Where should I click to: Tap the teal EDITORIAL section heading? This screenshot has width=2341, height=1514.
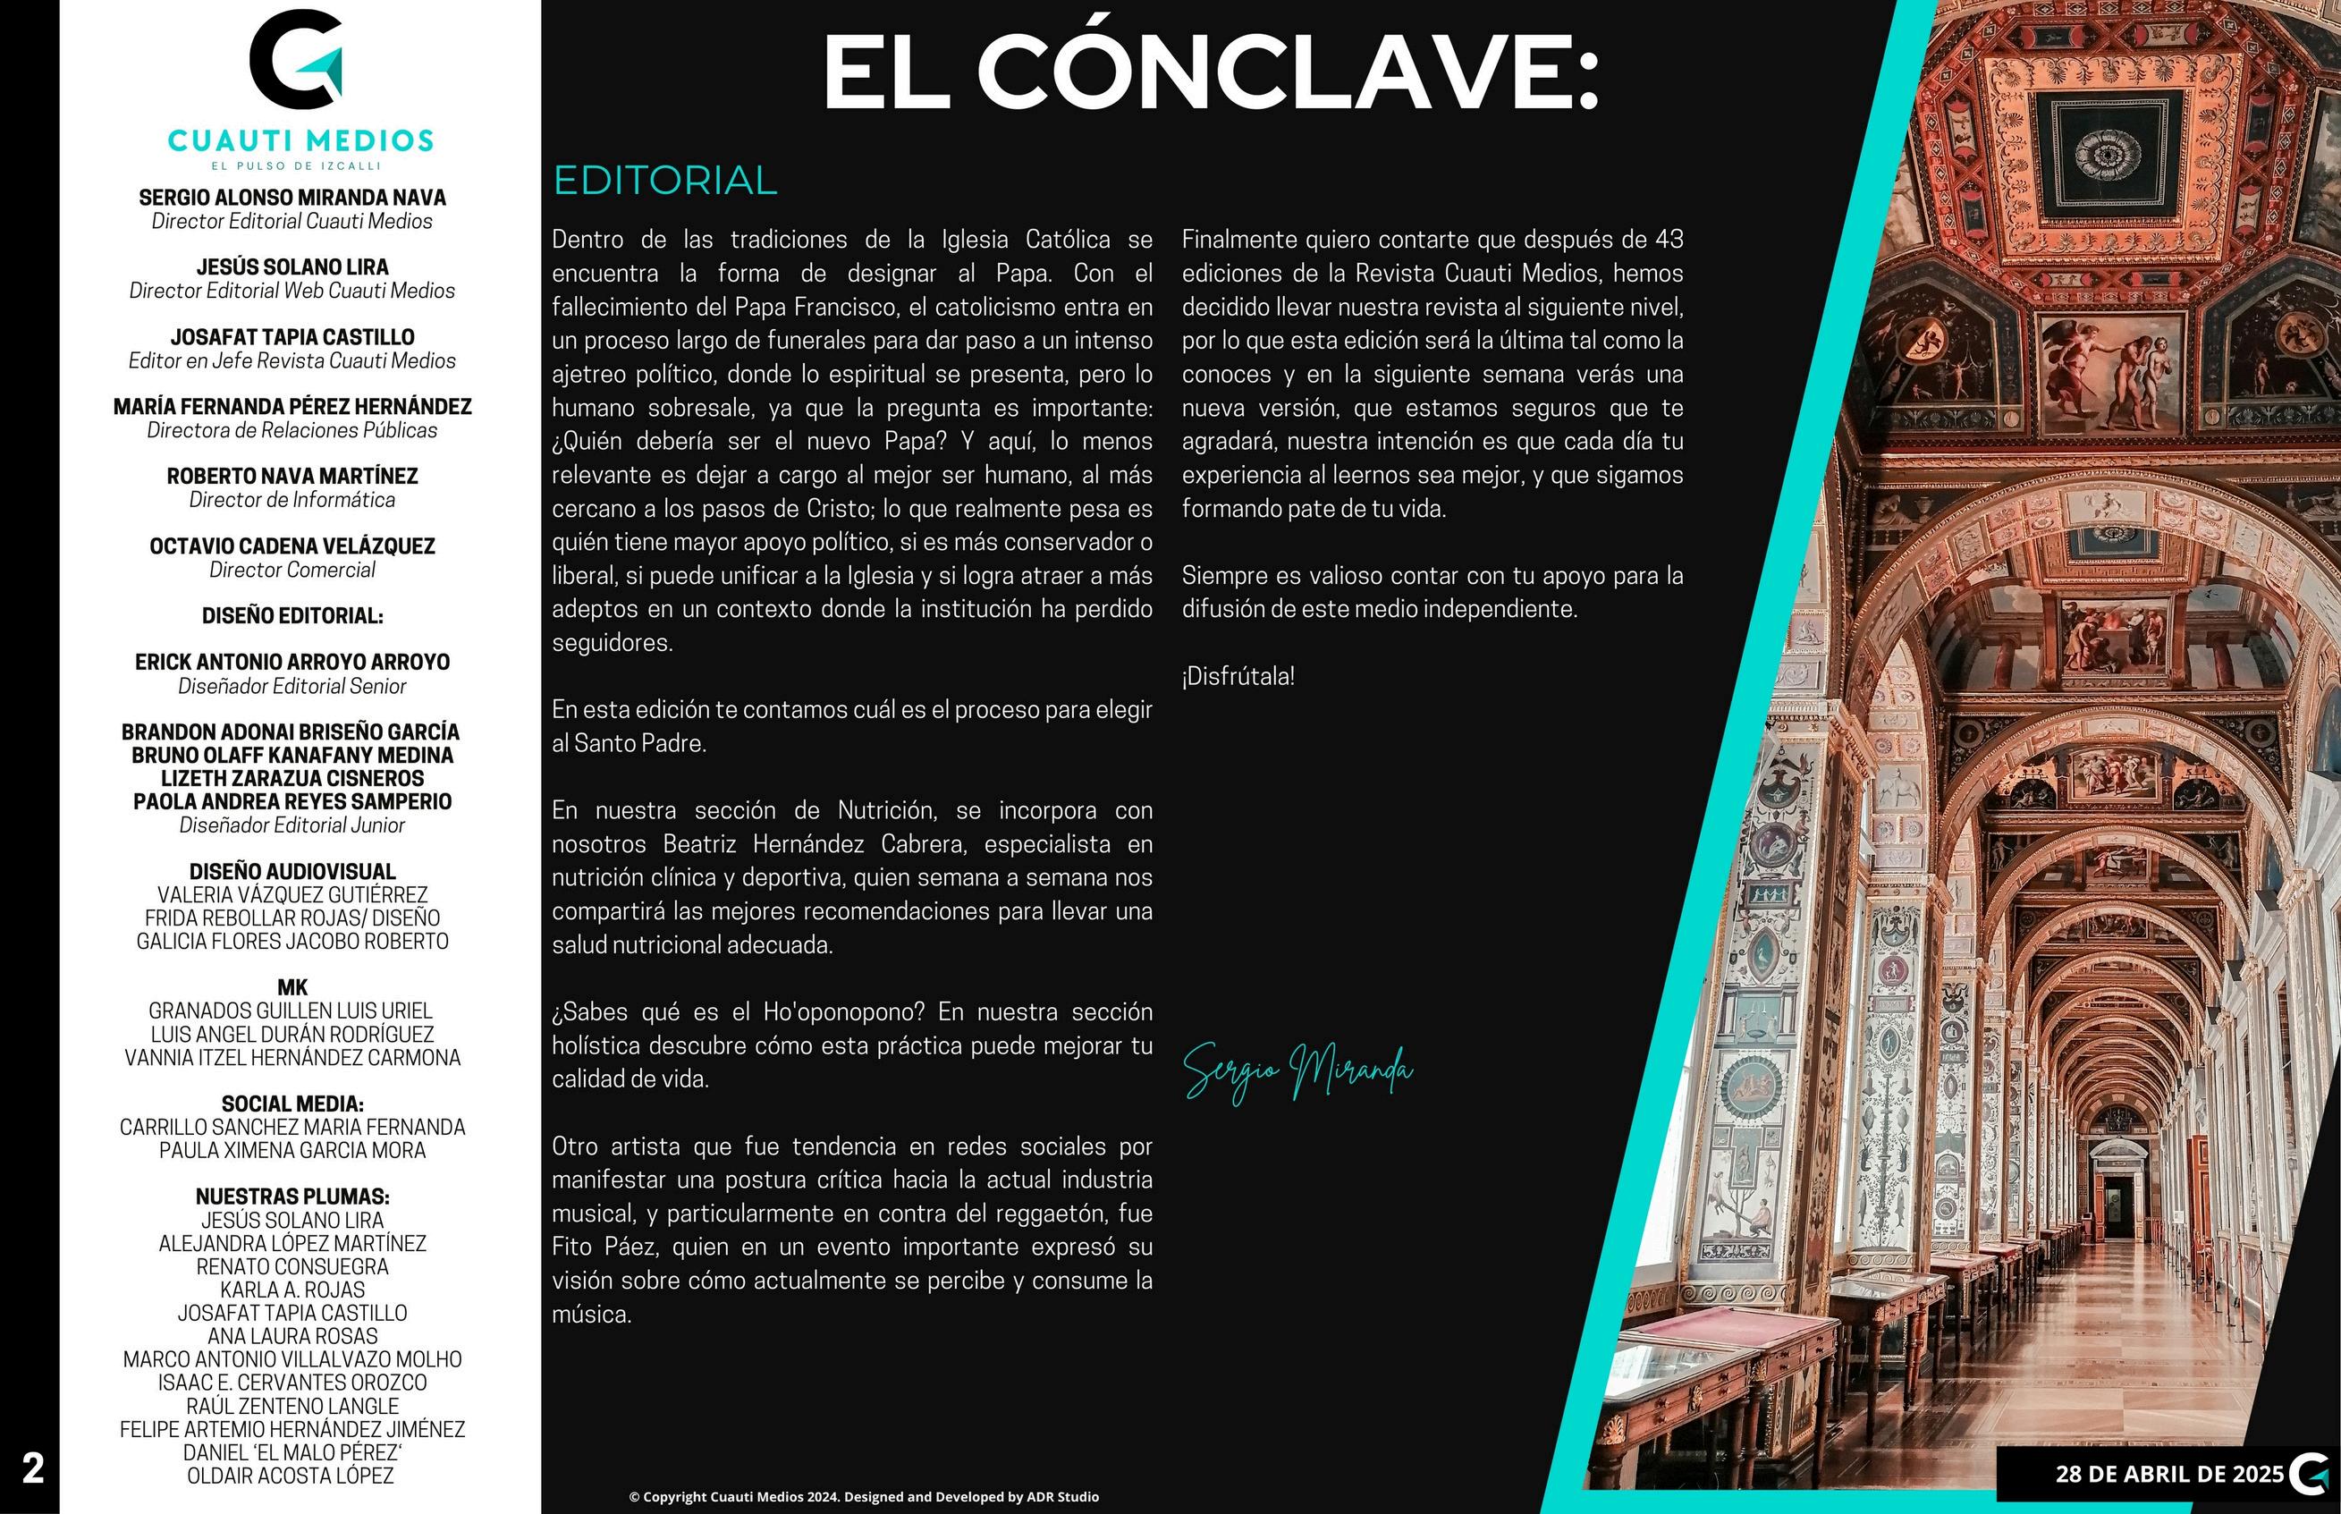pos(665,181)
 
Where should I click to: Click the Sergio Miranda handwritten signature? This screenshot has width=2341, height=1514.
pos(1297,1071)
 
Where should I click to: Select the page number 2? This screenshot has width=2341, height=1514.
pos(32,1468)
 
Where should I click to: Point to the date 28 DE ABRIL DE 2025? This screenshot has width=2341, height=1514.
pos(2169,1474)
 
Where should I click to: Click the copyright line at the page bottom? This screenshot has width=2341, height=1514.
pos(864,1496)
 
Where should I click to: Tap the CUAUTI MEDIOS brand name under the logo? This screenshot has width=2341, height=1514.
pos(300,140)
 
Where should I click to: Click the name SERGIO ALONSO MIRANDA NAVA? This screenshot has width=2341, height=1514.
pos(292,198)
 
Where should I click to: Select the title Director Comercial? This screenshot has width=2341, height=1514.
pos(292,571)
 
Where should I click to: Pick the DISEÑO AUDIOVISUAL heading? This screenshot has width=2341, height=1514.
pos(292,872)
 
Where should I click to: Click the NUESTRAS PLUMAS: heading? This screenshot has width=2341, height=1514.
pos(292,1197)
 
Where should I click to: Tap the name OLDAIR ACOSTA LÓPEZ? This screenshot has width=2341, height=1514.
pos(291,1476)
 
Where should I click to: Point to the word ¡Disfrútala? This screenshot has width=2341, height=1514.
pos(1238,676)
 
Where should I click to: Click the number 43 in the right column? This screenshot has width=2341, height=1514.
pos(1669,240)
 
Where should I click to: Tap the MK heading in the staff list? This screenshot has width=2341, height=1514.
pos(292,988)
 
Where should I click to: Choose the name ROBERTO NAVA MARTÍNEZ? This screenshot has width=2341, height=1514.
pos(292,477)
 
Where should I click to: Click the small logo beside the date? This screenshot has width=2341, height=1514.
pos(2310,1474)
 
